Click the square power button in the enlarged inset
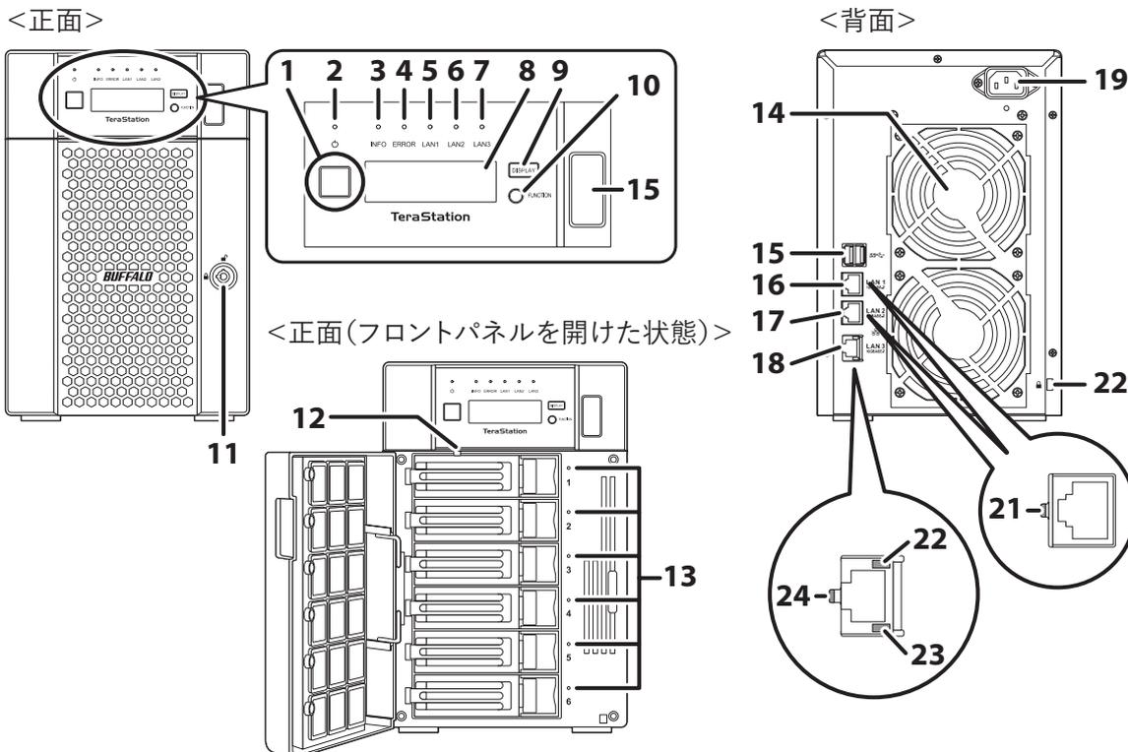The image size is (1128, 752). (326, 185)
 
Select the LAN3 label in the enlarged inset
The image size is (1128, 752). (481, 144)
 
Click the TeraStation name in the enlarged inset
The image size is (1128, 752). (430, 215)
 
